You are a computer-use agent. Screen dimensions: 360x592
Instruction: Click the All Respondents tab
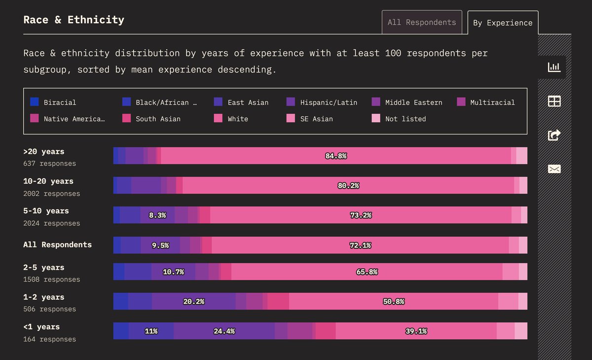click(x=422, y=22)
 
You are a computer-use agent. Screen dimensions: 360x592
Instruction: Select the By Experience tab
click(x=503, y=23)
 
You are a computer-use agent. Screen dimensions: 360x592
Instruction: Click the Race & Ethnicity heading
click(x=74, y=20)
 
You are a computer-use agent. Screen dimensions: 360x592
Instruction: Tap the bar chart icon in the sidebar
click(x=554, y=67)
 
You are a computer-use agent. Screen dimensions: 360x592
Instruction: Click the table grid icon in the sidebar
click(x=554, y=101)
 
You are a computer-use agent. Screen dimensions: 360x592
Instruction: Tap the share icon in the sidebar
click(x=554, y=135)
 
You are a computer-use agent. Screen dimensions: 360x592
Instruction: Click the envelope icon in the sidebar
click(x=554, y=169)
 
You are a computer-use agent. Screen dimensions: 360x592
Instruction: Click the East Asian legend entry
click(x=242, y=103)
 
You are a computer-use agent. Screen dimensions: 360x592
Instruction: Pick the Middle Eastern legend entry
click(x=407, y=103)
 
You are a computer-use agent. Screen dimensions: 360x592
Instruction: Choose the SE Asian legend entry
click(x=310, y=119)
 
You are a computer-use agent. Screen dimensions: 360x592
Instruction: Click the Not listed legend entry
click(x=399, y=119)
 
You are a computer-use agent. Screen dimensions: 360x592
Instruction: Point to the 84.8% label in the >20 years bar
click(x=336, y=156)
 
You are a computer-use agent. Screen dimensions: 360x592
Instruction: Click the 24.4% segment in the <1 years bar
click(x=224, y=331)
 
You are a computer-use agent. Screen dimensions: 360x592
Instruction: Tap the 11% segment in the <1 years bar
click(x=151, y=331)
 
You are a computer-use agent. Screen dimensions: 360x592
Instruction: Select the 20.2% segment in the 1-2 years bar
click(x=193, y=301)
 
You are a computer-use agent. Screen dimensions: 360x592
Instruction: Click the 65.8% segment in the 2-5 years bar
click(x=367, y=272)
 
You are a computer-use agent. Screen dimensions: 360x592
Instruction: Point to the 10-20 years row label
click(x=48, y=181)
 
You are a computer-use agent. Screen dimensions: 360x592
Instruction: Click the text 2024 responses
click(x=51, y=223)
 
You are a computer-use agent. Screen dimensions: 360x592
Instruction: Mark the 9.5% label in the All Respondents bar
click(x=160, y=245)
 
